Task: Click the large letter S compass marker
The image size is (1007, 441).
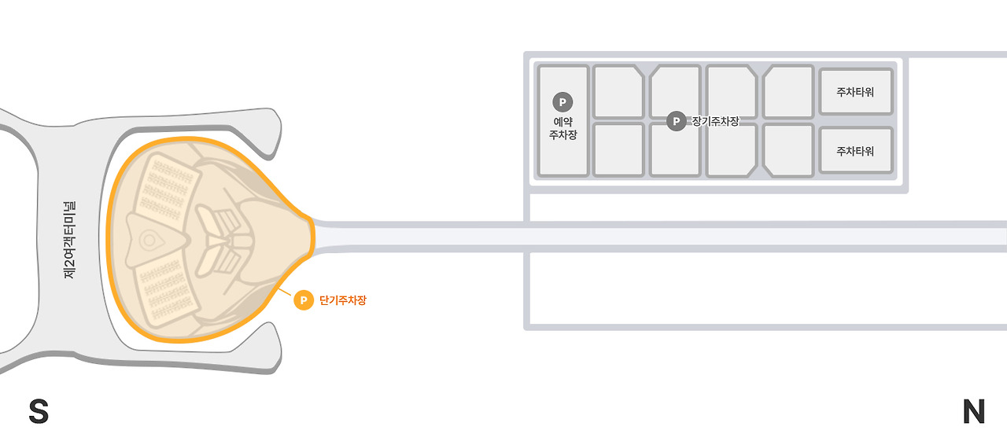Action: click(x=39, y=412)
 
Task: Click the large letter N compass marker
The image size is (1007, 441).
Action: click(x=973, y=412)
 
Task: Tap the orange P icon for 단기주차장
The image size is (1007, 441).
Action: click(x=303, y=300)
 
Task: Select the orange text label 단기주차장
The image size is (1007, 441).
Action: click(x=343, y=300)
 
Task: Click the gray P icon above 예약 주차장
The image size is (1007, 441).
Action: click(x=563, y=101)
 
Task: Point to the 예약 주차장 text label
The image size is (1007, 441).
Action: click(x=563, y=128)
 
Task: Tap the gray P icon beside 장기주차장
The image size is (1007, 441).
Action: click(x=676, y=121)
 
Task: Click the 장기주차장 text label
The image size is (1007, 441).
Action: click(x=715, y=121)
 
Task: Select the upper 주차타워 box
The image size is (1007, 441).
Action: click(x=855, y=91)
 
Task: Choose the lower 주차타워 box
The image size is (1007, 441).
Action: click(x=855, y=151)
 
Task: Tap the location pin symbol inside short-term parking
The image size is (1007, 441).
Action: click(x=148, y=239)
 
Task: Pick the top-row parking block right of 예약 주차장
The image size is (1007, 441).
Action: click(x=618, y=91)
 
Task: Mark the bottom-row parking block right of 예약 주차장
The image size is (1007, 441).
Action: click(x=618, y=149)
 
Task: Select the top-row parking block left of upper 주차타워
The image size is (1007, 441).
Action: click(x=788, y=91)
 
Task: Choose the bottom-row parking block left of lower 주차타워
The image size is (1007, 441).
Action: click(x=788, y=149)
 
